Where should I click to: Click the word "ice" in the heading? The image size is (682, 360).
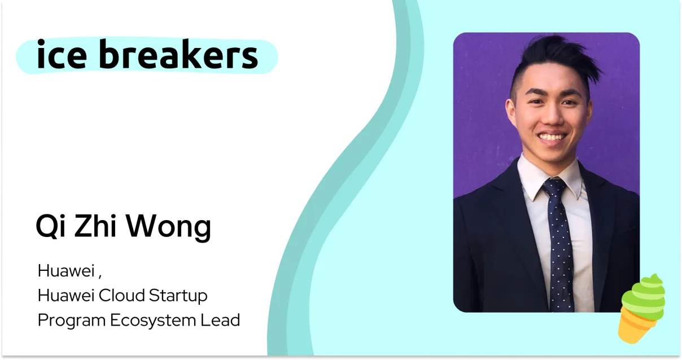(x=62, y=54)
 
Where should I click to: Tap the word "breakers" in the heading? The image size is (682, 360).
(x=178, y=54)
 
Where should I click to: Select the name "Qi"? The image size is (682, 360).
(x=51, y=226)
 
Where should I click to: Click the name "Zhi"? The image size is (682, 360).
(x=95, y=225)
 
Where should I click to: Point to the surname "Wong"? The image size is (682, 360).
(x=168, y=227)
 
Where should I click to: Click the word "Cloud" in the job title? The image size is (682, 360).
(x=121, y=295)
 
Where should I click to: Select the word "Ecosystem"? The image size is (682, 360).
(x=153, y=321)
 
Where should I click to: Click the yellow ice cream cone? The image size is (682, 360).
(x=633, y=328)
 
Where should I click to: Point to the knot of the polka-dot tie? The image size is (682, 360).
(x=554, y=187)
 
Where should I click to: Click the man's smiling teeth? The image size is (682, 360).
(x=552, y=137)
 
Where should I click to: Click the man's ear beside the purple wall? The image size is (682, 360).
(x=510, y=111)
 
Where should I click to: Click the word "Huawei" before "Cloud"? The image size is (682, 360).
(x=65, y=295)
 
